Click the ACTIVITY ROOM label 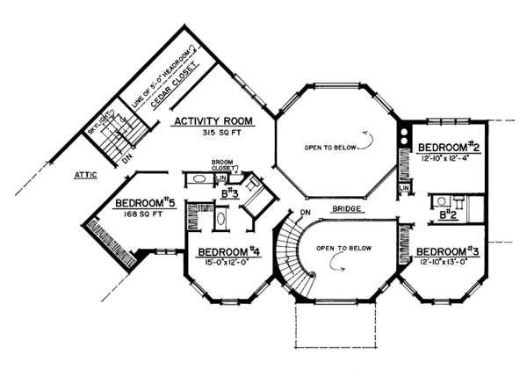[x=213, y=121]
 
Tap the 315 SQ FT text [x=213, y=134]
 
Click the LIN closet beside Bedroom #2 [x=404, y=188]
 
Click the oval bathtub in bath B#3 [x=200, y=178]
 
